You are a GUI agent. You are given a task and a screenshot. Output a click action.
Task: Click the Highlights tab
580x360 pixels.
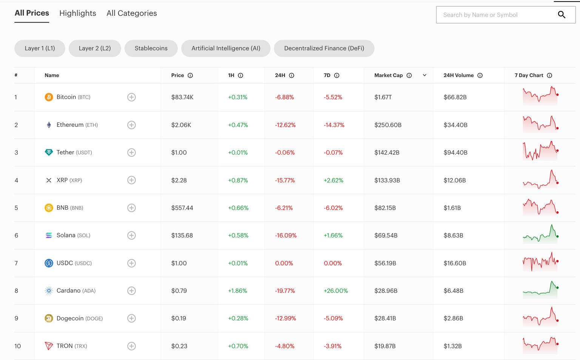click(77, 13)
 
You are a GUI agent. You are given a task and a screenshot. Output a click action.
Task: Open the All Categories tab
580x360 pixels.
click(131, 13)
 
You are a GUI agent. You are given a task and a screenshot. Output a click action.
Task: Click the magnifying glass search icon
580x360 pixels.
click(561, 15)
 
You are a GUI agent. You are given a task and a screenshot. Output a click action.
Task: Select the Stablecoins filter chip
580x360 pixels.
click(151, 48)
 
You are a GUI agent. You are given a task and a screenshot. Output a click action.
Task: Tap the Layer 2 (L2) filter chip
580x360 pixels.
click(95, 48)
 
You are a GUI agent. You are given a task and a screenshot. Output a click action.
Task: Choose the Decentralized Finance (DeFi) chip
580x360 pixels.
click(324, 48)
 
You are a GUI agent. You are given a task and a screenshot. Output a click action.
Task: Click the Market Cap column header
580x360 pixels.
click(388, 75)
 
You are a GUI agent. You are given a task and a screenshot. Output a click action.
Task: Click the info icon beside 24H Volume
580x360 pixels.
click(480, 76)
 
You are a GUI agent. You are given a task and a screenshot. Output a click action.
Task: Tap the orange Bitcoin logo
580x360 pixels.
click(49, 97)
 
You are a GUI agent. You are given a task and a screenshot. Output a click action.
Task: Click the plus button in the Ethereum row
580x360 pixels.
click(131, 125)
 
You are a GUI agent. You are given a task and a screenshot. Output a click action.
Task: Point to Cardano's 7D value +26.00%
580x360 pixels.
click(336, 291)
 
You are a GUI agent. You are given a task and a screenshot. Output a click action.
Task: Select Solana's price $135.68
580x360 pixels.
click(182, 235)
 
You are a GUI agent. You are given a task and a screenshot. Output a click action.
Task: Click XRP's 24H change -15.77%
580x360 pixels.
click(285, 180)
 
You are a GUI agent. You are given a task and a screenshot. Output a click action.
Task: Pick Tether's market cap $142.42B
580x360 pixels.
click(387, 153)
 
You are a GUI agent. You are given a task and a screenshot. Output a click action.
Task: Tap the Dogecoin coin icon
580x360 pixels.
click(49, 318)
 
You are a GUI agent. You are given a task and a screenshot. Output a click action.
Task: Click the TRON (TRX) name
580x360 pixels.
click(71, 346)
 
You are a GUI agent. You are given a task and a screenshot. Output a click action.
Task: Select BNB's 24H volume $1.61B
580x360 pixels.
click(452, 208)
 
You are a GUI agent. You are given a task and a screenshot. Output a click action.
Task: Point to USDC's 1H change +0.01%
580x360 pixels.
click(238, 263)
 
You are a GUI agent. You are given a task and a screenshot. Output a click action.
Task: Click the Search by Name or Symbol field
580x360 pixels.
click(495, 15)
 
